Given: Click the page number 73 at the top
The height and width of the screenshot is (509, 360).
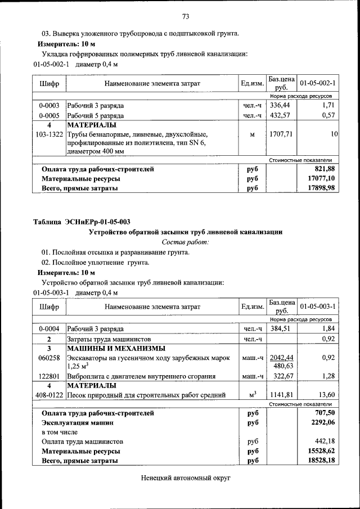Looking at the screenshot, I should (185, 15).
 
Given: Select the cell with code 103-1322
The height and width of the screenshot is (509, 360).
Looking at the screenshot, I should (49, 135).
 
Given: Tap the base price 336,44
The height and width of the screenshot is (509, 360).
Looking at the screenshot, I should (280, 105).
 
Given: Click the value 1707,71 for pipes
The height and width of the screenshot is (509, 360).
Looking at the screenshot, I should (281, 135).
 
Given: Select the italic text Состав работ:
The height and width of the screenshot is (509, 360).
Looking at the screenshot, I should (185, 242).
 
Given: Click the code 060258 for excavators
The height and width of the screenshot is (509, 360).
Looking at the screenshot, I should (49, 358).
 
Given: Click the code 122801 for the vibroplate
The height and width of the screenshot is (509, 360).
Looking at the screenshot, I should (49, 376).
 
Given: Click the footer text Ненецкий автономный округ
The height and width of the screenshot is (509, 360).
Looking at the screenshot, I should (185, 478).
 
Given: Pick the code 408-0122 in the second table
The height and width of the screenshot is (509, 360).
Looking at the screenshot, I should (49, 395).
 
